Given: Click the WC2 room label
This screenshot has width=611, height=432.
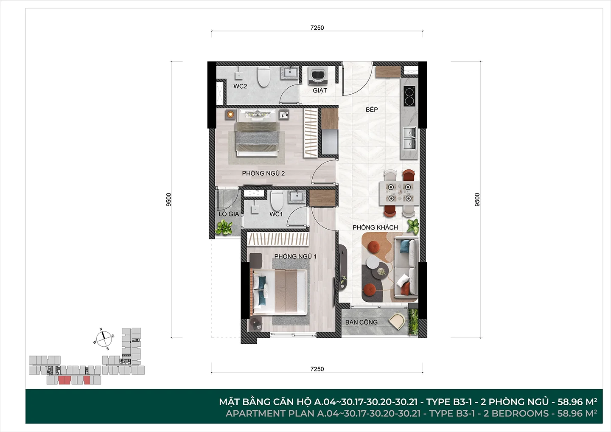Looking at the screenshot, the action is pos(240,87).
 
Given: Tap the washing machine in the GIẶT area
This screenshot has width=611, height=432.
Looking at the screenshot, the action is pos(318,76).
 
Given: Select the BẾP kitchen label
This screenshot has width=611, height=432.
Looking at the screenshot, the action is pos(372,109).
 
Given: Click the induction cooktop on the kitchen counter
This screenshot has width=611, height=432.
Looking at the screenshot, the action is pos(409,96).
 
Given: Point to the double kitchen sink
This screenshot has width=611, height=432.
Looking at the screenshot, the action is pos(409,138).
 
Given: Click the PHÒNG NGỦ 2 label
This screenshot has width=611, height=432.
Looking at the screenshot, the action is pos(263,173).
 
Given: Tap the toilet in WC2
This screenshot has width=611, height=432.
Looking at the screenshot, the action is pos(263,77).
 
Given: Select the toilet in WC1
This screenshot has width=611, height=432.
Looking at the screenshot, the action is pos(277,200).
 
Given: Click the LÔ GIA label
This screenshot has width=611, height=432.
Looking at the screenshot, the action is pos(229,214).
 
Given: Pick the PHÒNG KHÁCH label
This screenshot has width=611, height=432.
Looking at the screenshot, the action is pos(375,227).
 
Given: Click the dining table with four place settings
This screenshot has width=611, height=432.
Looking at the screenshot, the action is pos(399,193).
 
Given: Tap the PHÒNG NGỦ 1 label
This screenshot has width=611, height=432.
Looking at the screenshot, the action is pos(295,256).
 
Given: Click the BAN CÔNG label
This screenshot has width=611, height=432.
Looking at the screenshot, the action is pos(362,322).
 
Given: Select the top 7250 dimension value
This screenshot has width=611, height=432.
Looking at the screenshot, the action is pos(317,28).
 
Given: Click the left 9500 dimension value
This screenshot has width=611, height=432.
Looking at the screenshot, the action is pos(169,199).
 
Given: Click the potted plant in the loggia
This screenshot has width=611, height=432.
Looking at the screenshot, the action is pos(224,227).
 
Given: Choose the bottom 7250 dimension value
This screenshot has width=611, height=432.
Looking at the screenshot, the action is pos(317,369).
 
